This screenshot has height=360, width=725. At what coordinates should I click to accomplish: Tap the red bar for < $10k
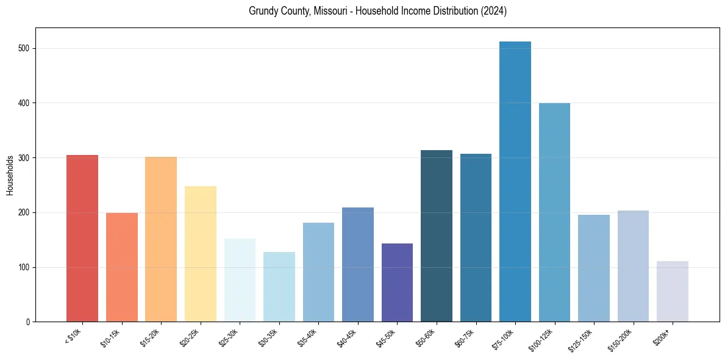tap(82, 239)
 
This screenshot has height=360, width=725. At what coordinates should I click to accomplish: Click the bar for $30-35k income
tap(279, 287)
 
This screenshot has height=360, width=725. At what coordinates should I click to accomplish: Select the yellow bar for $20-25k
tap(201, 254)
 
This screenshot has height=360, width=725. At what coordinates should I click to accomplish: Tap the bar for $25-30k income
tap(240, 280)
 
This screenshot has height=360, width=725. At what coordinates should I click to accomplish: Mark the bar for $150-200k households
tap(633, 266)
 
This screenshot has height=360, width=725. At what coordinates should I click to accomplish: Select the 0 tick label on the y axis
tap(28, 322)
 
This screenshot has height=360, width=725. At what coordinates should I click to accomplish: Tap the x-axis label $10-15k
tap(111, 337)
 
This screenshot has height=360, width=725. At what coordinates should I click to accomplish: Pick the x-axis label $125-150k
tap(582, 339)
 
